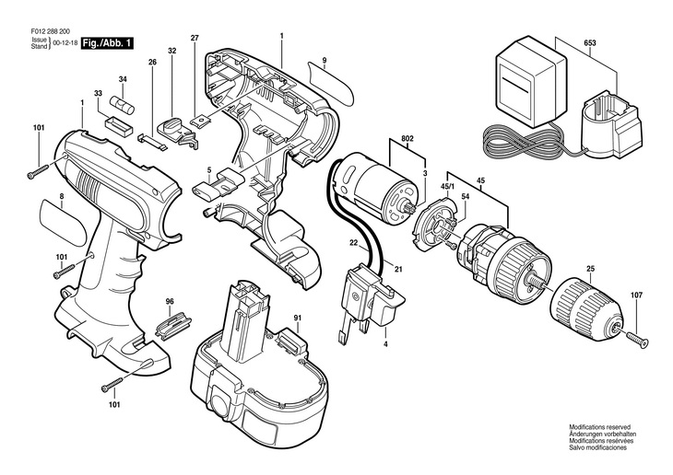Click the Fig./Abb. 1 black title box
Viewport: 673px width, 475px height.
click(x=107, y=43)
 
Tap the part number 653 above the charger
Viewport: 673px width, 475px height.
click(x=590, y=43)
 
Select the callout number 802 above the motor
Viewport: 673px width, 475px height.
click(x=407, y=138)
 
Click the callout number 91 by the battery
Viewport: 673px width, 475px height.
click(x=298, y=318)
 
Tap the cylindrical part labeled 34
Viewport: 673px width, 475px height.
click(x=123, y=105)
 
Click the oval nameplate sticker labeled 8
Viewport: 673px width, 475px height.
click(x=65, y=222)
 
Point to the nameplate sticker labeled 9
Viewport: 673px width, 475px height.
click(x=331, y=82)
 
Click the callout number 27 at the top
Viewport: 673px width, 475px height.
click(x=195, y=38)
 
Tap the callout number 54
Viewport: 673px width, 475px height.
click(x=466, y=196)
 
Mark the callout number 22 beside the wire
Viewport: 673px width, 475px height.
click(x=353, y=243)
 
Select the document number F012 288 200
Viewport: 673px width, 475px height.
click(x=51, y=31)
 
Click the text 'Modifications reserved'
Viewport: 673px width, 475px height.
click(x=599, y=427)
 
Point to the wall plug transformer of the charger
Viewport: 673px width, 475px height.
click(x=531, y=80)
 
